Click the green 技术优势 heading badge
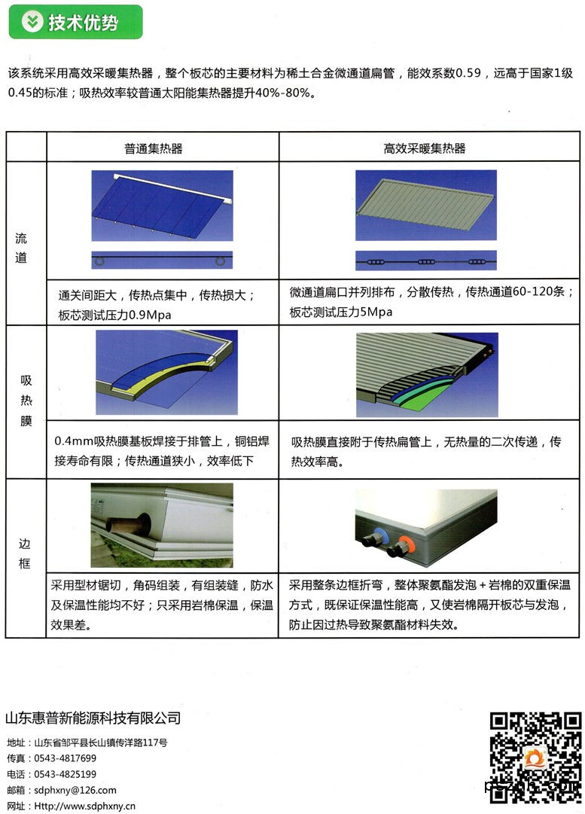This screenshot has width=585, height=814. click(x=76, y=22)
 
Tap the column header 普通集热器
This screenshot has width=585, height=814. click(x=153, y=149)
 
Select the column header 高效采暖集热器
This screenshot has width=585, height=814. click(x=424, y=149)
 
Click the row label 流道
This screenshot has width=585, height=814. click(x=21, y=248)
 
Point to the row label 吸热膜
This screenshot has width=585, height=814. click(x=26, y=401)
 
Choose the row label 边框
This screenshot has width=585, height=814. click(x=24, y=553)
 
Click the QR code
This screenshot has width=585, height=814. click(x=535, y=756)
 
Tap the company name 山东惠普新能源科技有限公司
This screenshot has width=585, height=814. click(x=93, y=718)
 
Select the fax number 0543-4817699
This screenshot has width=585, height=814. click(x=66, y=758)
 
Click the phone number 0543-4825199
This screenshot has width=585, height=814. click(x=66, y=774)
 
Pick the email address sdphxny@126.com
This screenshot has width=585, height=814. click(x=75, y=790)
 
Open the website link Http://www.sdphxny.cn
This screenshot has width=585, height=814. click(x=84, y=806)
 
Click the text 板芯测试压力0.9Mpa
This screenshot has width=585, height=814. click(x=114, y=315)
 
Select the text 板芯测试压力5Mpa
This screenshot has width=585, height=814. click(x=340, y=312)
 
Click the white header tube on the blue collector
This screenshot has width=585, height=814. click(x=172, y=188)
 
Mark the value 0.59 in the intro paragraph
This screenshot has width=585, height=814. click(x=468, y=73)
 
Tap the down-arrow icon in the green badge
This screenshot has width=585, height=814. click(x=32, y=22)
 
